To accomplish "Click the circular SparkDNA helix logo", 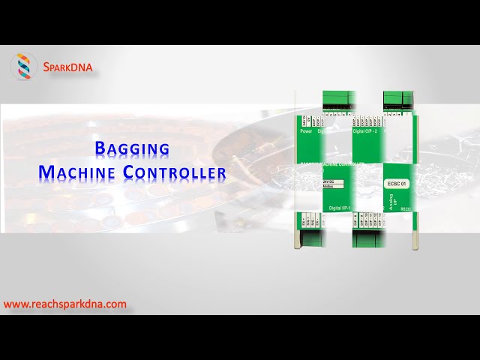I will point(24,67).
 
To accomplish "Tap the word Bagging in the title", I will point(132,148).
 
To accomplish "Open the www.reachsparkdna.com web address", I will point(65,304).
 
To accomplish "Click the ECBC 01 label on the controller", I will point(397,183).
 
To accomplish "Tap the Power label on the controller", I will point(306,131).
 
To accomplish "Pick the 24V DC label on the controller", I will point(328,182).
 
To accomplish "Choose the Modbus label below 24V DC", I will point(328,188).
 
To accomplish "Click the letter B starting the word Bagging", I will point(101,148).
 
